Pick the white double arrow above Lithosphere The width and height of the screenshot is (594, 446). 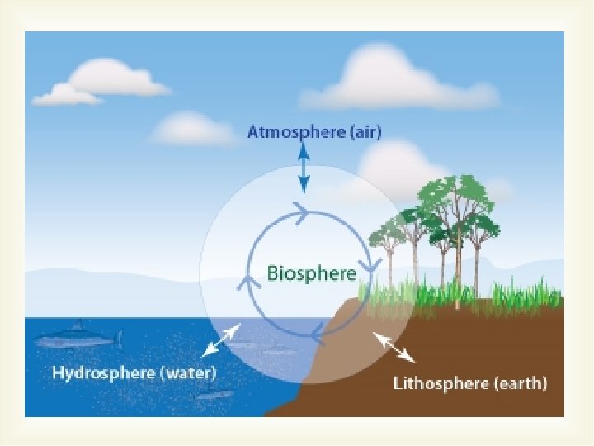pos(394,347)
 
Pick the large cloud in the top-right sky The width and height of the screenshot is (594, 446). pos(396,78)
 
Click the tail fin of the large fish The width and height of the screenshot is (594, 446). pos(119,339)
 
